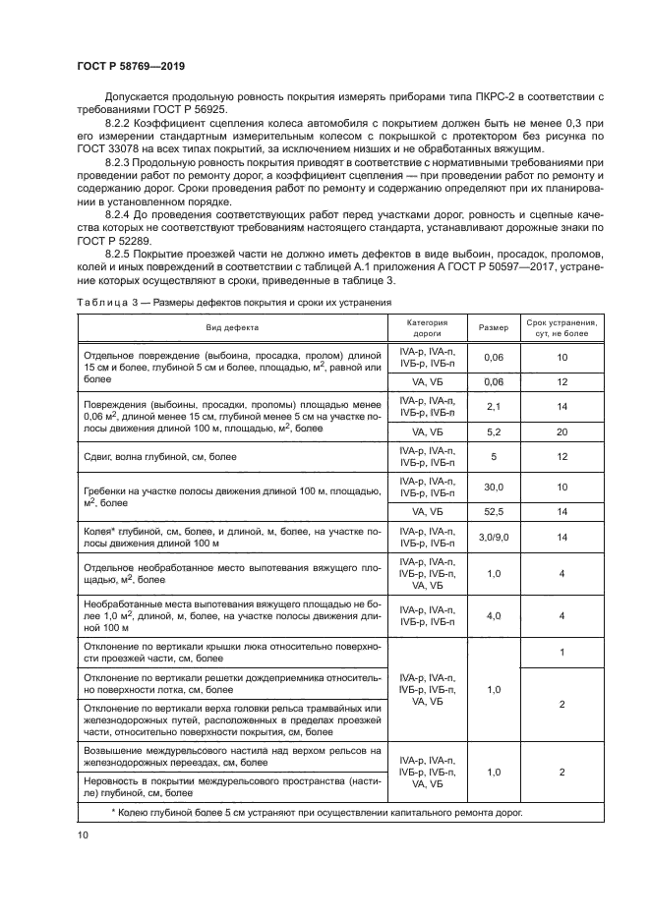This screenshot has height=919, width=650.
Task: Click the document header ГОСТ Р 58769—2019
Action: [x=131, y=66]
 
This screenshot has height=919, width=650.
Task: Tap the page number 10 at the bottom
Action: [x=83, y=833]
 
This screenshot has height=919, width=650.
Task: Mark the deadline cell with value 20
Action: [x=561, y=431]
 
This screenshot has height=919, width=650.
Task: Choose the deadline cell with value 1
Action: [x=561, y=653]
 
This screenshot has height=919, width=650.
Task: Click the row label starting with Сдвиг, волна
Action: [x=160, y=456]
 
